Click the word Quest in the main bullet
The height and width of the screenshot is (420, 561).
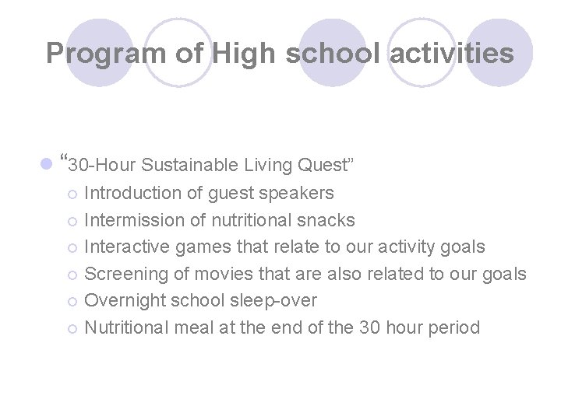tap(325, 165)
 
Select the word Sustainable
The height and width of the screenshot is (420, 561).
tap(190, 165)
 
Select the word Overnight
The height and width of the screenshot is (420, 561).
tap(125, 300)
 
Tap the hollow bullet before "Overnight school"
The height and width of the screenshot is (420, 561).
tap(72, 301)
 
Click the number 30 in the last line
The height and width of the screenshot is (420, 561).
tap(369, 327)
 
